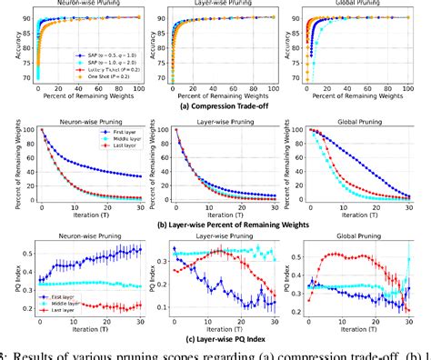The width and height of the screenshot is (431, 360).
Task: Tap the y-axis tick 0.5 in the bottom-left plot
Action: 27,248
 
